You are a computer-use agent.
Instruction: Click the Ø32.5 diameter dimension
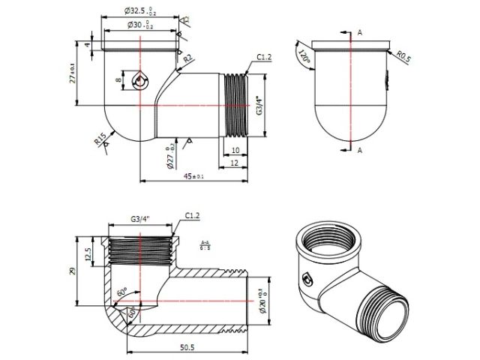(140, 12)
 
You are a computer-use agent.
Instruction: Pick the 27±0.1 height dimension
(73, 73)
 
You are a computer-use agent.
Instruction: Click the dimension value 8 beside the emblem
(118, 79)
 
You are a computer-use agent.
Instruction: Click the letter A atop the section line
(360, 32)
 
